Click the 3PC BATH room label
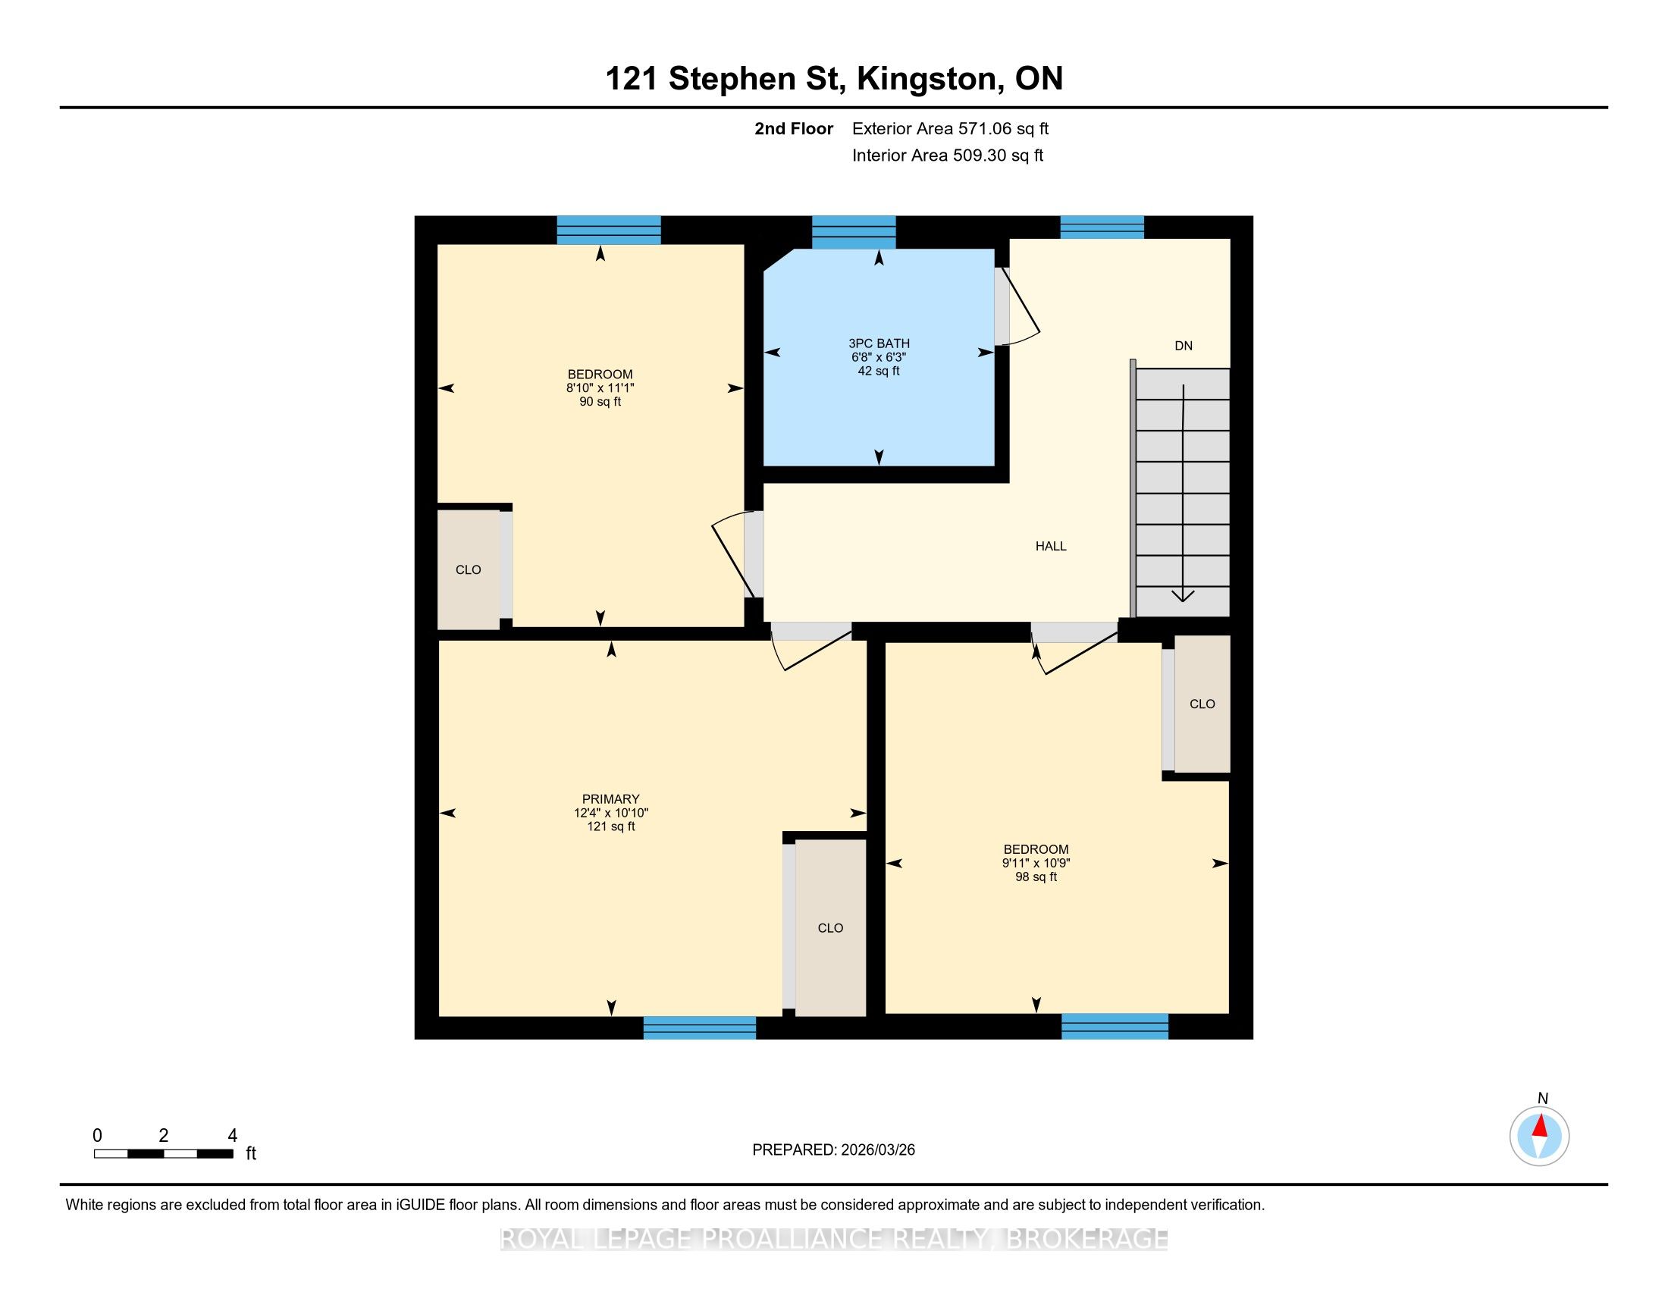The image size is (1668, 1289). click(x=878, y=343)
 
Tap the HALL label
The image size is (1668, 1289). click(x=1051, y=546)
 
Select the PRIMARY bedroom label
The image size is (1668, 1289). click(x=610, y=798)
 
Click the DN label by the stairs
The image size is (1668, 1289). click(x=1183, y=346)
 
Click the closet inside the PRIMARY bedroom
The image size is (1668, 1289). click(x=830, y=928)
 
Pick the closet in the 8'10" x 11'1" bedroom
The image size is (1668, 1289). click(x=468, y=569)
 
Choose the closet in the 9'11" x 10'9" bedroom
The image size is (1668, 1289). click(x=1202, y=704)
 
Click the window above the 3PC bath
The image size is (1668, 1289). click(x=854, y=233)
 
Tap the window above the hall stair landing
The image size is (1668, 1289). click(x=1102, y=227)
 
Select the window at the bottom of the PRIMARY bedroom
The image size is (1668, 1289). click(x=700, y=1027)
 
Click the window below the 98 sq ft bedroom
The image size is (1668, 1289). click(x=1115, y=1027)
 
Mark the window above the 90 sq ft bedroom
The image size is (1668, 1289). click(x=609, y=231)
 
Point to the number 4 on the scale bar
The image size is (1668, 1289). click(x=232, y=1135)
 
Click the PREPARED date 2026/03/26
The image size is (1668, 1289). click(x=876, y=1150)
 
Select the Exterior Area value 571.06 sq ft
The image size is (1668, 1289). click(x=1004, y=129)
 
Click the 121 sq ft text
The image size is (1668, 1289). click(x=610, y=826)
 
